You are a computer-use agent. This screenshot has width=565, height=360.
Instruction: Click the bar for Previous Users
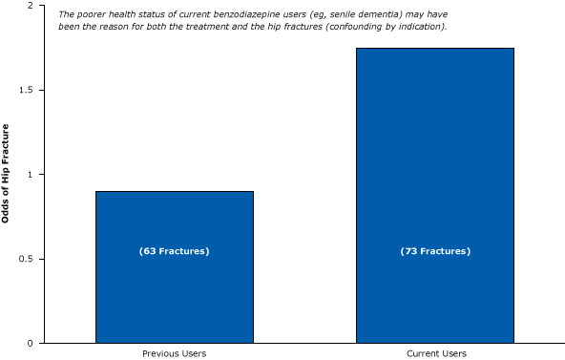pos(174,286)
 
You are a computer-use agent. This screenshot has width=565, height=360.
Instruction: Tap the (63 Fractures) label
pos(174,251)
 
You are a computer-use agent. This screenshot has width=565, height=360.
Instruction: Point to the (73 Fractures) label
pos(435,251)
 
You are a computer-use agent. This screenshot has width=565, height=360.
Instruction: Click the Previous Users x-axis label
pos(174,353)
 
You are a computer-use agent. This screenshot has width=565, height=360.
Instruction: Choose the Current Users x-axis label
pos(436,353)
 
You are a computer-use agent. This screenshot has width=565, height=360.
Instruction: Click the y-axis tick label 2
pos(31,7)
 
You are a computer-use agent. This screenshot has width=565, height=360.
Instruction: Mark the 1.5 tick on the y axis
pos(27,91)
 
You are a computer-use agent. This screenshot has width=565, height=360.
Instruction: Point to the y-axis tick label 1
pos(31,175)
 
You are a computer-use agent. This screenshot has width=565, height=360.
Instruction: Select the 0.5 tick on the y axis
pos(27,259)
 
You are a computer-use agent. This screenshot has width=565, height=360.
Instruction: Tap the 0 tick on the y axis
pos(31,343)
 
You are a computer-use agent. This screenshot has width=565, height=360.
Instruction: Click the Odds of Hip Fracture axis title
pos(7,174)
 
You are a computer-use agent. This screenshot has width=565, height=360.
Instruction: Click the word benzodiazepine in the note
pos(232,15)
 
